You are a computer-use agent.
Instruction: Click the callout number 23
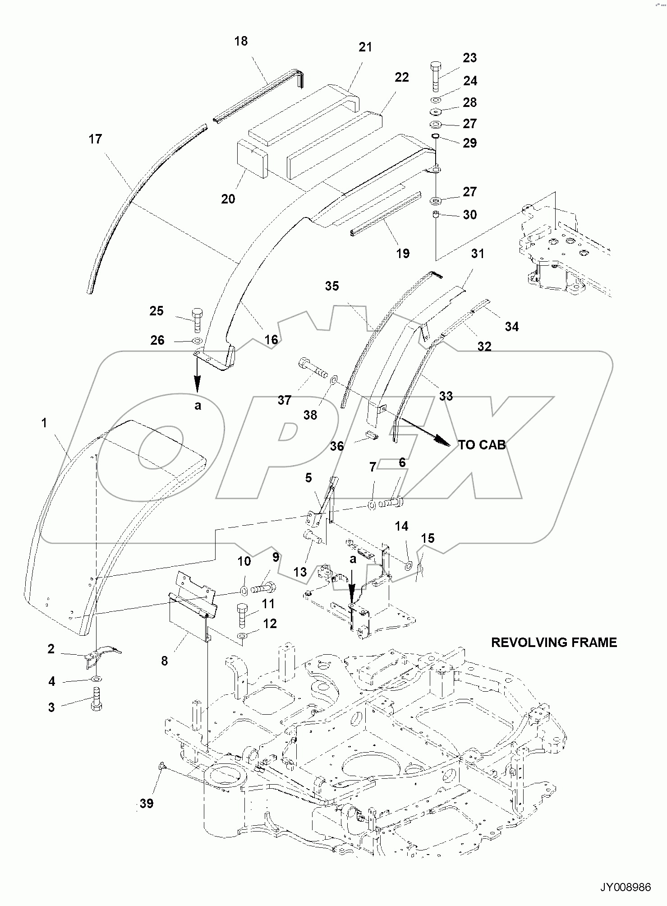coord(469,58)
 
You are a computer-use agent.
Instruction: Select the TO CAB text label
coord(482,445)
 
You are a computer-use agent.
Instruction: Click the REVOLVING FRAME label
coord(553,643)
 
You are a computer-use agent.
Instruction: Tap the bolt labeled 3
coord(97,699)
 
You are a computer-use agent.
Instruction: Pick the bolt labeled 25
coord(198,319)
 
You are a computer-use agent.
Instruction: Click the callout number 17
coord(95,139)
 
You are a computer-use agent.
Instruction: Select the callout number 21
coord(365,47)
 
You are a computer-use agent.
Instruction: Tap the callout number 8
coord(164,661)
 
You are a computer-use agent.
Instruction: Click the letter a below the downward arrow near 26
coord(198,406)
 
